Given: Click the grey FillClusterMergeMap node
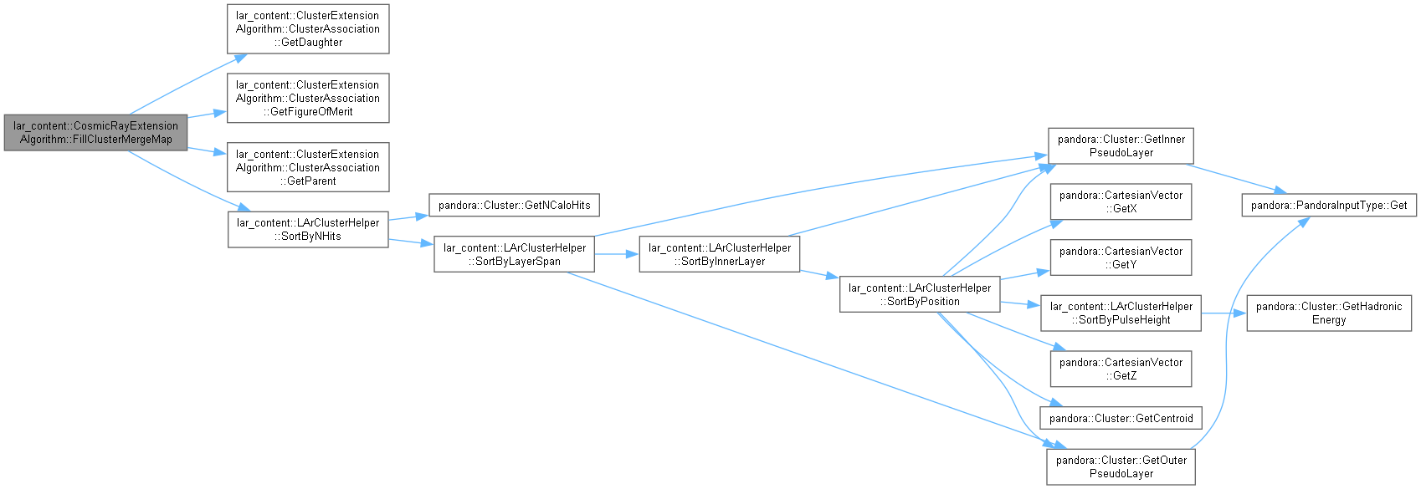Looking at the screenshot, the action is click(x=95, y=132).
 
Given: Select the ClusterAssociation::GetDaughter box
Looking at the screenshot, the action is click(x=308, y=29).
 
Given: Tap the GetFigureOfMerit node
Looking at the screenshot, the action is click(x=308, y=98).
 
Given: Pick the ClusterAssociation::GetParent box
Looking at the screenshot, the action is click(x=308, y=167).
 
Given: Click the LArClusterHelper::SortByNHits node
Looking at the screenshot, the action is click(x=308, y=229).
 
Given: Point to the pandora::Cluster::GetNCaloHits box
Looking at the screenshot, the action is click(x=515, y=206).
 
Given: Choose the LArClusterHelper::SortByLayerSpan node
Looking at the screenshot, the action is click(x=515, y=255).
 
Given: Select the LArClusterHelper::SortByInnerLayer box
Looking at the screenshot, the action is click(x=720, y=255).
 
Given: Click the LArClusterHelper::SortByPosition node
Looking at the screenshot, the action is click(x=920, y=294).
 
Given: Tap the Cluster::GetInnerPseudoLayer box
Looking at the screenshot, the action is click(x=1121, y=145).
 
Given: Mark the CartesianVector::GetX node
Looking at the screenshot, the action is click(x=1121, y=202).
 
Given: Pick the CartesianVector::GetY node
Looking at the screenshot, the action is click(x=1121, y=257).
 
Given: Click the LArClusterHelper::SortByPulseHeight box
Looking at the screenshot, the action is click(x=1121, y=313).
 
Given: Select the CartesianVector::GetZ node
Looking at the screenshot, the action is click(x=1121, y=369).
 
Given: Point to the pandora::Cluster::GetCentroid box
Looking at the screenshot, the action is click(x=1121, y=418).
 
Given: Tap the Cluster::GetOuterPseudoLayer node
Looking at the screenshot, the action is click(x=1121, y=466).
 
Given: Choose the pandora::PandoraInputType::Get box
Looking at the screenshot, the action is click(x=1329, y=206).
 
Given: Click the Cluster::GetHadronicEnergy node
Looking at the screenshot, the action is click(x=1329, y=313).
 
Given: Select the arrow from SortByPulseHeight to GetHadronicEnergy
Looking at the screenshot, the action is click(x=1223, y=313).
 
